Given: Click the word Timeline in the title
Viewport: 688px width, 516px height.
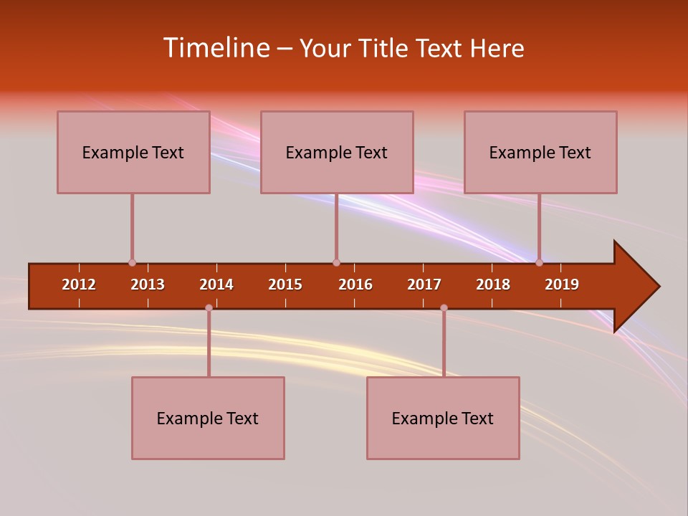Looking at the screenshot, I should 215,48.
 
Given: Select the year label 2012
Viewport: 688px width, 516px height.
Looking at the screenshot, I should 79,285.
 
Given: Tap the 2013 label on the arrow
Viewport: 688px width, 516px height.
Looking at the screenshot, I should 148,285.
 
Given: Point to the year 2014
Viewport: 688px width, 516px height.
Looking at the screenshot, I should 216,285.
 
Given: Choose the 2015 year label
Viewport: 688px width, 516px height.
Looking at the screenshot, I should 285,285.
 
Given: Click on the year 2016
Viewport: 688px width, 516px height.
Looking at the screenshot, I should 355,285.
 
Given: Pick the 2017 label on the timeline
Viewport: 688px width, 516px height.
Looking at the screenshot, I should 424,285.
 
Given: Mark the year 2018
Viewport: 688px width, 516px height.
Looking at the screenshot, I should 493,285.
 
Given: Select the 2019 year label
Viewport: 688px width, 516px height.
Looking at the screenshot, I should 562,285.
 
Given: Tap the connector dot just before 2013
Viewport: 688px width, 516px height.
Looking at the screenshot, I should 132,263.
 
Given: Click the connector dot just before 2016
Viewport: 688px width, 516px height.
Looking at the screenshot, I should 336,263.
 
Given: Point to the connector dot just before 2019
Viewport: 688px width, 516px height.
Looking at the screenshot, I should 539,263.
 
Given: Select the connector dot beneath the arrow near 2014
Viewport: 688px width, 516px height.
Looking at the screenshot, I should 209,307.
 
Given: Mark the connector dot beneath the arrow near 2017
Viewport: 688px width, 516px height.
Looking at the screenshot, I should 444,307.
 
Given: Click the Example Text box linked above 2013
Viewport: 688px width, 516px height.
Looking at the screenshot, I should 133,152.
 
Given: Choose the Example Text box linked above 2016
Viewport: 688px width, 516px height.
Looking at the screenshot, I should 337,152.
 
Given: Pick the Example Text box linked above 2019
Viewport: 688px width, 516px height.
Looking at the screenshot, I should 540,152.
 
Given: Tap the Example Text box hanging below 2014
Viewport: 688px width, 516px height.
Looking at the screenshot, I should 208,418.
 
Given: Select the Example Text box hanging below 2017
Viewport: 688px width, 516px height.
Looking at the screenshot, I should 443,418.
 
